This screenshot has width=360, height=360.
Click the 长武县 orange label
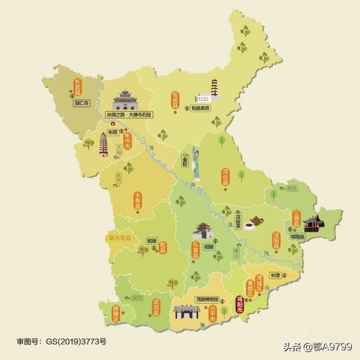77,88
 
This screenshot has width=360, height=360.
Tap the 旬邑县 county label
175,100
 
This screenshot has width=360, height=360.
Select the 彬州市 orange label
128,142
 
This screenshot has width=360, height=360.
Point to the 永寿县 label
137,200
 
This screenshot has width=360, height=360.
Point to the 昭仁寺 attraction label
81,103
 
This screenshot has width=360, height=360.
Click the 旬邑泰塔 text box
200,109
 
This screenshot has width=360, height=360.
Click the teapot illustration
256,221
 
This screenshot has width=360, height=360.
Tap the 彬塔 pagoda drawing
103,145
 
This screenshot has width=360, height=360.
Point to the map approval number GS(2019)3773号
61,341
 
